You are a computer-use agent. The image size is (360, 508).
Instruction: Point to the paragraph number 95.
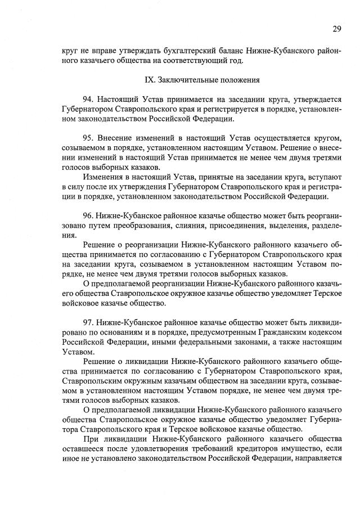88,138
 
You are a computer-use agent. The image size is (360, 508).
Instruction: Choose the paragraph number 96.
88,215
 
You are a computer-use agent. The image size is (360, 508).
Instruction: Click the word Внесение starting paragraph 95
115,138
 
